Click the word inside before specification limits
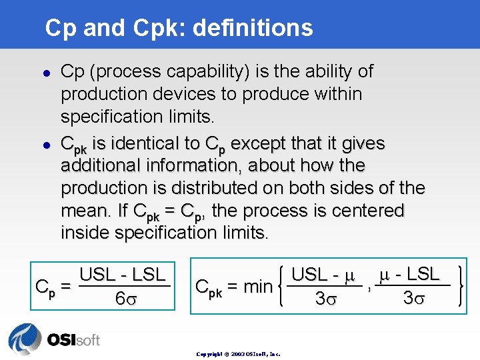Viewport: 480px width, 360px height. (85, 233)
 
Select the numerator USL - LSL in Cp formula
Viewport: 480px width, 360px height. (123, 275)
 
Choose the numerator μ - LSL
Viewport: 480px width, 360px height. (407, 274)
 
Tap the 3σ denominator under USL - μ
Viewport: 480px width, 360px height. (329, 299)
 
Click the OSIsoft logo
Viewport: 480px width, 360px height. (54, 338)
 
